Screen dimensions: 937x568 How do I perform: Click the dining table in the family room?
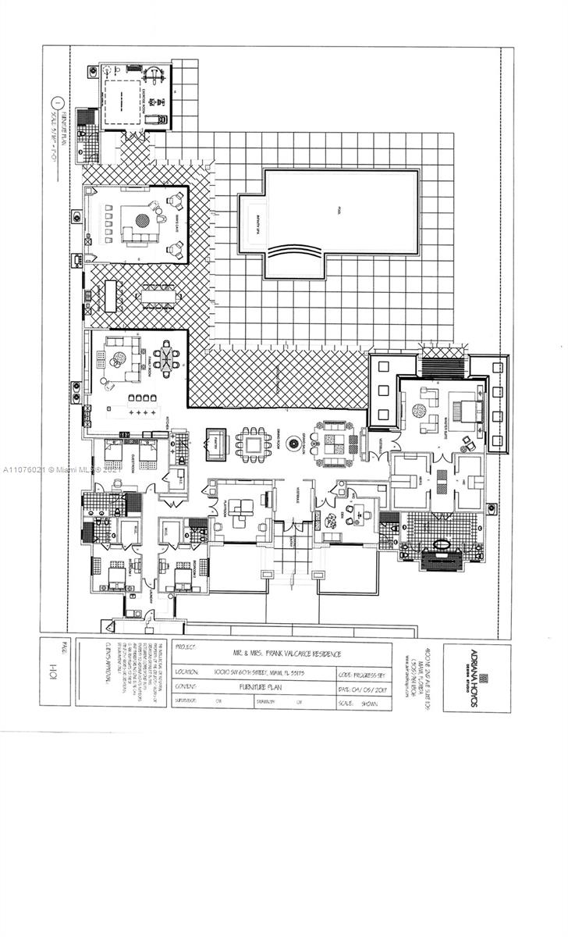tap(166, 358)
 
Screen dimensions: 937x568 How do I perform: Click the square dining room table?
tap(253, 444)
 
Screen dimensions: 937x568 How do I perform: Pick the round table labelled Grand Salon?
tap(293, 444)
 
